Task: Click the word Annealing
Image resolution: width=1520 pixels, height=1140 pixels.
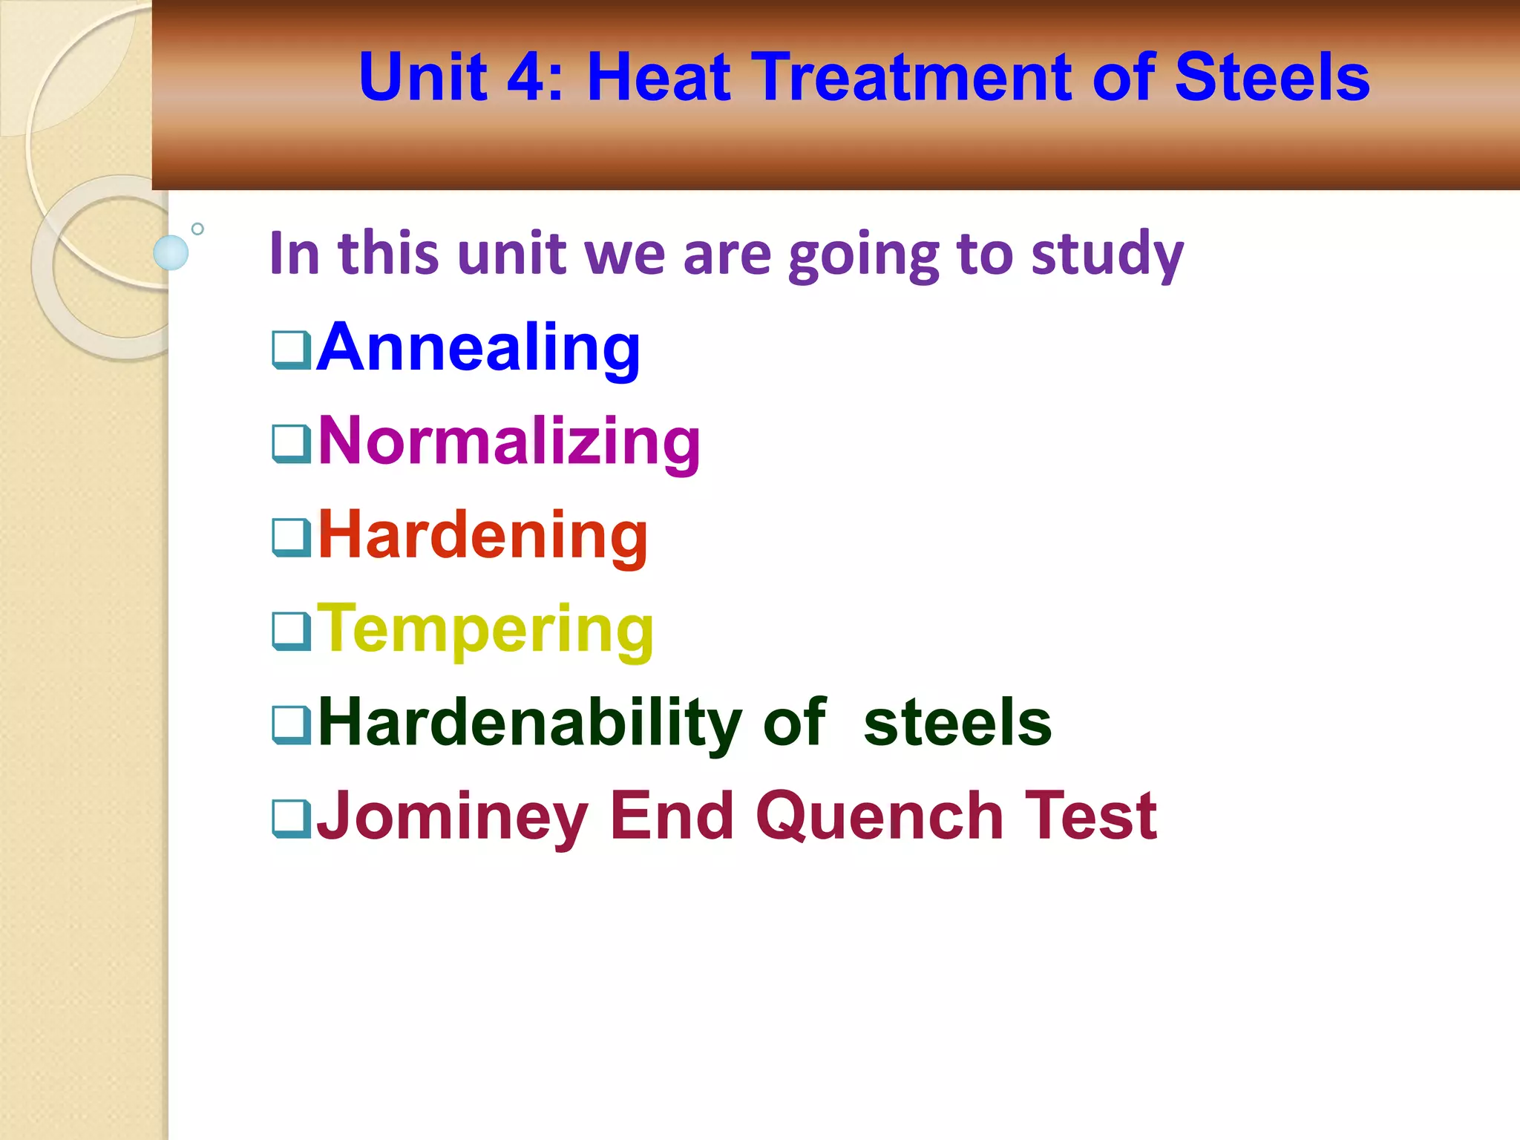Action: (478, 347)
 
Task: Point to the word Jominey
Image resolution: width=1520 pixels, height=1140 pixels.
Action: (452, 816)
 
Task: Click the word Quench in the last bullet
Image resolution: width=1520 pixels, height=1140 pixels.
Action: (879, 816)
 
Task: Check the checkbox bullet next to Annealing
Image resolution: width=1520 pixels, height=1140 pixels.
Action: (291, 350)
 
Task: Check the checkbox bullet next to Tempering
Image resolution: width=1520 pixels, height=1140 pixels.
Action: (291, 632)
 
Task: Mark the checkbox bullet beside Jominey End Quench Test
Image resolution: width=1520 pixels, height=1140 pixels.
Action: (291, 819)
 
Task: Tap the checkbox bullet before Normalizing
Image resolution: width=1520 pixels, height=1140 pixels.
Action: (291, 444)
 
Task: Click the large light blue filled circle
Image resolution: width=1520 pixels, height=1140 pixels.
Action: (171, 252)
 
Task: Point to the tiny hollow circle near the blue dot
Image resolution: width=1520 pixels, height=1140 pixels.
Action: (197, 229)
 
